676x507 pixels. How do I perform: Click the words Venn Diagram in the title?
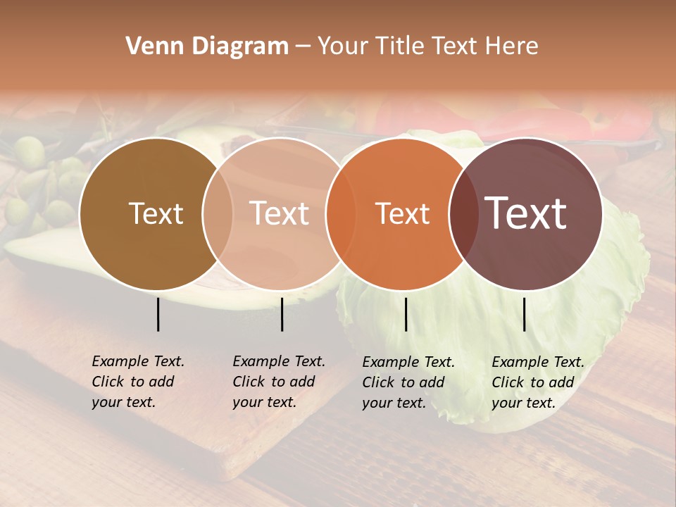(207, 46)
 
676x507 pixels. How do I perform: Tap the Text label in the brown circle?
(156, 213)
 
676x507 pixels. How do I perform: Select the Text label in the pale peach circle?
(280, 213)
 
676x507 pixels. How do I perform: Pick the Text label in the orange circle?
(402, 213)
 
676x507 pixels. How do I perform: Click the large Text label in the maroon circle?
(526, 213)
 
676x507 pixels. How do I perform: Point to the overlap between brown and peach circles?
(218, 214)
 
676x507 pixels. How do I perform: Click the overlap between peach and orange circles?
(340, 214)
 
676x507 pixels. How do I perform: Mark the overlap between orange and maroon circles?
(463, 214)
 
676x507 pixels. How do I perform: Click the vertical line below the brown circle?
(158, 314)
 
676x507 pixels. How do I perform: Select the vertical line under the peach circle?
(282, 314)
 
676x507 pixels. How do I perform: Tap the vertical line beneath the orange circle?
(406, 314)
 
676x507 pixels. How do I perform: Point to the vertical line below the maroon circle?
(524, 314)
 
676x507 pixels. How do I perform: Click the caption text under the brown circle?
(138, 382)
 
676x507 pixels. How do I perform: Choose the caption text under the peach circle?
(279, 382)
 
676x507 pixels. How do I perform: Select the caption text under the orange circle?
(408, 382)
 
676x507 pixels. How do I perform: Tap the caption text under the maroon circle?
(538, 382)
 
